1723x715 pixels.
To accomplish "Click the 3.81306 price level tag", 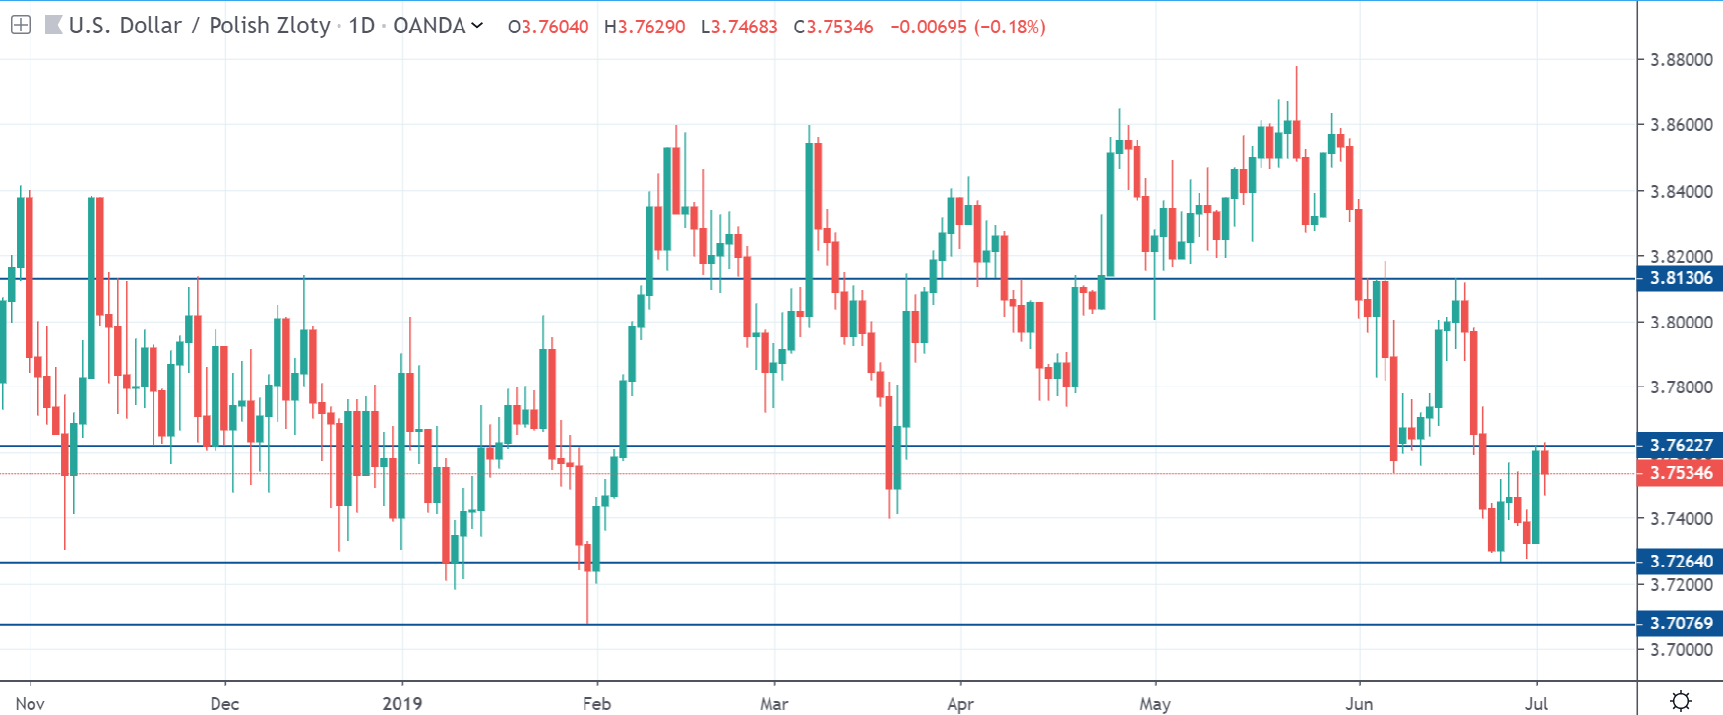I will click(x=1680, y=278).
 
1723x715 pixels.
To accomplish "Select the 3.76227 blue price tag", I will click(x=1680, y=446).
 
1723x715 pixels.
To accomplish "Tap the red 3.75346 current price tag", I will click(x=1680, y=473).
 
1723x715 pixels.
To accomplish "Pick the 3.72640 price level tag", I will click(x=1680, y=562).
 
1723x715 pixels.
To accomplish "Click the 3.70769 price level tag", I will click(x=1680, y=624).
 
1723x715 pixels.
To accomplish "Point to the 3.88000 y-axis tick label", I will click(x=1681, y=60).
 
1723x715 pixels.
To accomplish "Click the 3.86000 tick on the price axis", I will click(x=1681, y=125).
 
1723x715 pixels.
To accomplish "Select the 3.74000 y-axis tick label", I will click(x=1681, y=519).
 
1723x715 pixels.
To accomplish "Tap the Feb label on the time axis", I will click(x=596, y=703).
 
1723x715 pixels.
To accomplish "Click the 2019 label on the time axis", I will click(x=401, y=703).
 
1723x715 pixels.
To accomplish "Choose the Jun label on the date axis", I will click(x=1359, y=703).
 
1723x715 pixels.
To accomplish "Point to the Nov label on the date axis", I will click(x=31, y=703).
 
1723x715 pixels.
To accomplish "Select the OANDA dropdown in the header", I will click(x=438, y=26).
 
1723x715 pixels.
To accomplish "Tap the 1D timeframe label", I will click(x=362, y=26).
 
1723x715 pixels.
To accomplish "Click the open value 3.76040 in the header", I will click(x=554, y=27).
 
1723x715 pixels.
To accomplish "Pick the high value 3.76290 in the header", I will click(x=650, y=27).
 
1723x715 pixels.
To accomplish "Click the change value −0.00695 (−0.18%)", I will click(x=966, y=27).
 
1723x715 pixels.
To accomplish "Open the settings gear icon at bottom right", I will click(x=1681, y=700).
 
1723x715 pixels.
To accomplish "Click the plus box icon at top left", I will click(x=21, y=26).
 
